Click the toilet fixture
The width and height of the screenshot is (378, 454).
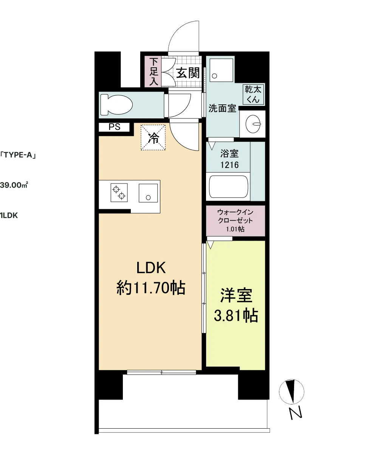click(x=116, y=104)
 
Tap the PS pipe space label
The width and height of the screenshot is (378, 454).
click(x=114, y=127)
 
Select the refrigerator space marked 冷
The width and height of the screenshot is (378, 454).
click(x=153, y=137)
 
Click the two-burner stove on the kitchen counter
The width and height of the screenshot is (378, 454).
click(x=119, y=193)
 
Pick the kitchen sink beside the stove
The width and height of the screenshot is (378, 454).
click(x=148, y=193)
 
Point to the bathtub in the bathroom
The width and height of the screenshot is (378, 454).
click(x=229, y=187)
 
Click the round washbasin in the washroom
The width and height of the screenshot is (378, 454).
click(x=253, y=124)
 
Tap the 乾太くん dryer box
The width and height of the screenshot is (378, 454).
click(x=253, y=94)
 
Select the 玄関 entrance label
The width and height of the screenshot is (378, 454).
click(x=188, y=73)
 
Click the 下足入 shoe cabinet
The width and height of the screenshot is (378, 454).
click(x=153, y=72)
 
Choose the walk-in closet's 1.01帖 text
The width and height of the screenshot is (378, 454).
click(x=235, y=229)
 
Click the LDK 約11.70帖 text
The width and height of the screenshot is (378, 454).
click(x=151, y=278)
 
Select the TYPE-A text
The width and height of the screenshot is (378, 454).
click(x=18, y=155)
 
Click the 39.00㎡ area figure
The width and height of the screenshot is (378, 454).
click(x=14, y=185)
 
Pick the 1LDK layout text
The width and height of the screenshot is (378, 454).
click(x=9, y=216)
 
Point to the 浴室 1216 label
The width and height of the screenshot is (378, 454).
click(x=229, y=159)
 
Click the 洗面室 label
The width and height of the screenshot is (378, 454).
click(x=222, y=108)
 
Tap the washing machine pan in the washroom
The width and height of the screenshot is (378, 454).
click(x=222, y=70)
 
